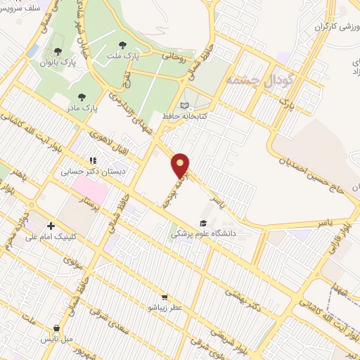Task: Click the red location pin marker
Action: (181, 165)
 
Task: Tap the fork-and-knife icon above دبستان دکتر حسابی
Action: (92, 160)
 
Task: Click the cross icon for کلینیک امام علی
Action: (51, 226)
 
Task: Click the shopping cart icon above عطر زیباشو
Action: (165, 297)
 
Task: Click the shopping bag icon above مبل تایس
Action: (57, 328)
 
